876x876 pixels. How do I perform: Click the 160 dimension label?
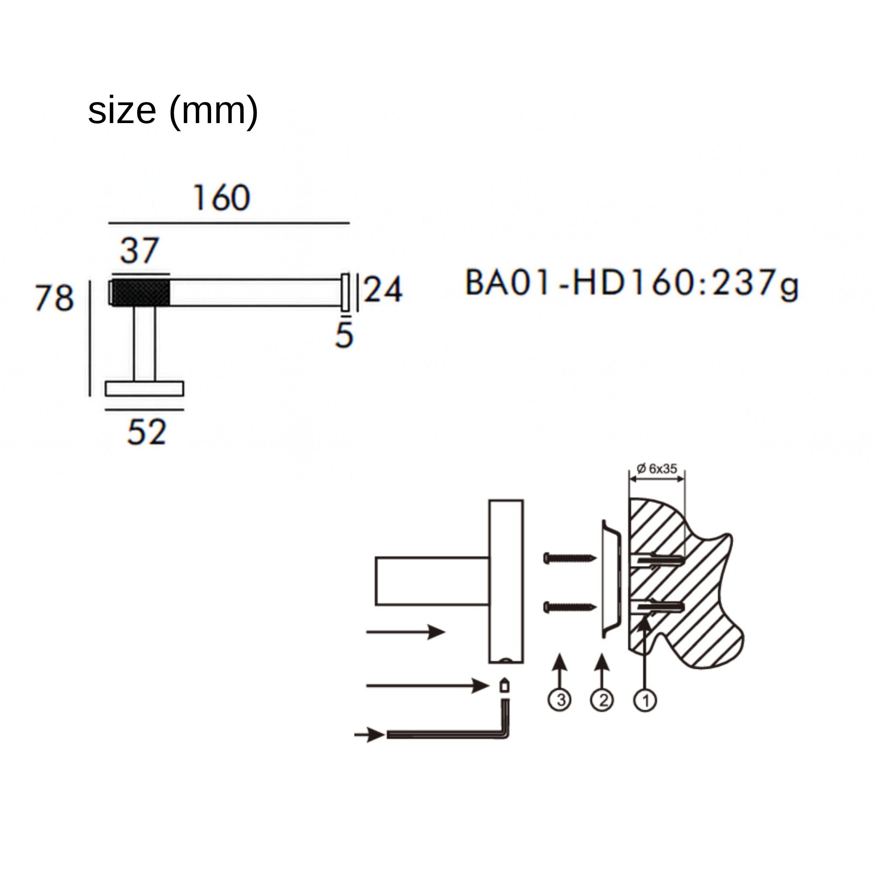[222, 198]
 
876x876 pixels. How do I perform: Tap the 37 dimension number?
[140, 250]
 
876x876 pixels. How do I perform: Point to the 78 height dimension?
[54, 298]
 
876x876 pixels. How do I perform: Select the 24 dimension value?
[383, 289]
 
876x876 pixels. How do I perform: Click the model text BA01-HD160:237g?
[632, 283]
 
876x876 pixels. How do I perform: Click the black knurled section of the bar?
[141, 293]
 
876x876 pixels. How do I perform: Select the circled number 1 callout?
[645, 700]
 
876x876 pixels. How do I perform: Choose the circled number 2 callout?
[602, 700]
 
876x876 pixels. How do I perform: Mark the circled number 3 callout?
[560, 700]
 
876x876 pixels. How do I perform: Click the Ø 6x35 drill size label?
[657, 468]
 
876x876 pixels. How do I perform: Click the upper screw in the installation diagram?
[570, 558]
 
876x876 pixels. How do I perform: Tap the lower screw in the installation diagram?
[570, 607]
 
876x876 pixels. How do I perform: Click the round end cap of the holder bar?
[346, 293]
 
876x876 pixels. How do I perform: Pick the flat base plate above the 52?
[145, 389]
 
